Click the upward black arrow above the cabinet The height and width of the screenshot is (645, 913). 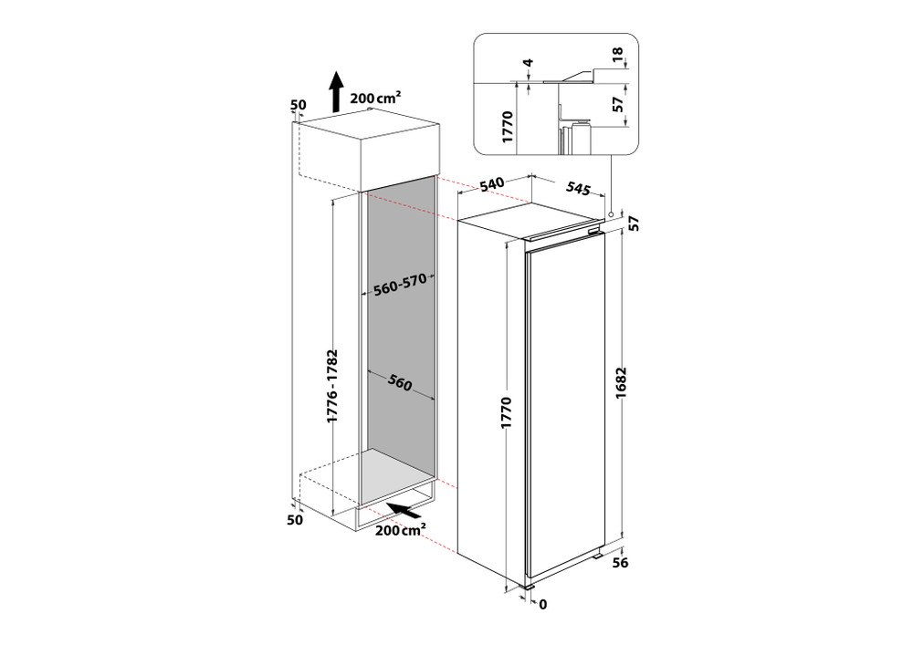click(337, 90)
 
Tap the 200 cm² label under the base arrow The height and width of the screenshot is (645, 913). click(398, 530)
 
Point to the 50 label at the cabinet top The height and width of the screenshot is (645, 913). click(298, 106)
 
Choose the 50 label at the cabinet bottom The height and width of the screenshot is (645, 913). click(295, 520)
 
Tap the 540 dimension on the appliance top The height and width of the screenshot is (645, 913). click(492, 185)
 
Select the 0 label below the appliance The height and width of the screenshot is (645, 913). click(542, 604)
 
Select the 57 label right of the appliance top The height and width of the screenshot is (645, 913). click(632, 222)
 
